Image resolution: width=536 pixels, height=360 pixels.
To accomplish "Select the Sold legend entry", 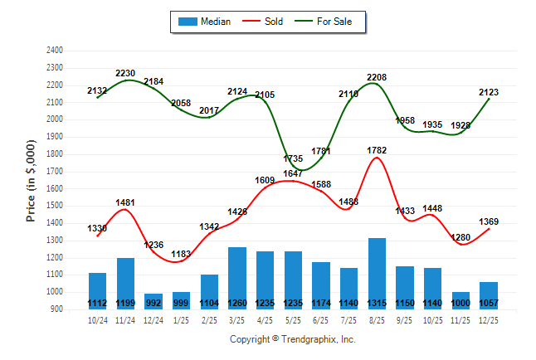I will click(266, 22).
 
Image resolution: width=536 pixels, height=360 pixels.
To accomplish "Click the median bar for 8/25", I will click(378, 274).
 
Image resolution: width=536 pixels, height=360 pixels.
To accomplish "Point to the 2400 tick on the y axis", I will click(54, 50).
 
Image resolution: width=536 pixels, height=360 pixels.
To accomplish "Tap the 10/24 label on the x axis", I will click(97, 319).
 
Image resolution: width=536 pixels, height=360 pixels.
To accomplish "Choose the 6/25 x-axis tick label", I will click(321, 319).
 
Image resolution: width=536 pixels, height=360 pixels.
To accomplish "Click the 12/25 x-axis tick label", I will click(489, 319).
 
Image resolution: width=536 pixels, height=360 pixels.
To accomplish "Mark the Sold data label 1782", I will click(378, 150).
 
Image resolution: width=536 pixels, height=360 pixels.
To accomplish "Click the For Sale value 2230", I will click(125, 73).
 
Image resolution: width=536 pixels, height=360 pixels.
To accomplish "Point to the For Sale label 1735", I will click(293, 158).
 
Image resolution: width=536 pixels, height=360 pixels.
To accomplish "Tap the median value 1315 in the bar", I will click(378, 303).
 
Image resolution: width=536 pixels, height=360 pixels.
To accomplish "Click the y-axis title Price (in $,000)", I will click(31, 179).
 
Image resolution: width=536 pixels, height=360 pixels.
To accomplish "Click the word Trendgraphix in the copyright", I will click(309, 339).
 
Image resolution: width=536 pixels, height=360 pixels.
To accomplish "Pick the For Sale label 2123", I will click(489, 92).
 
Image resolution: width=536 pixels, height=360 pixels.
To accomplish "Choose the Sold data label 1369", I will click(489, 221).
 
